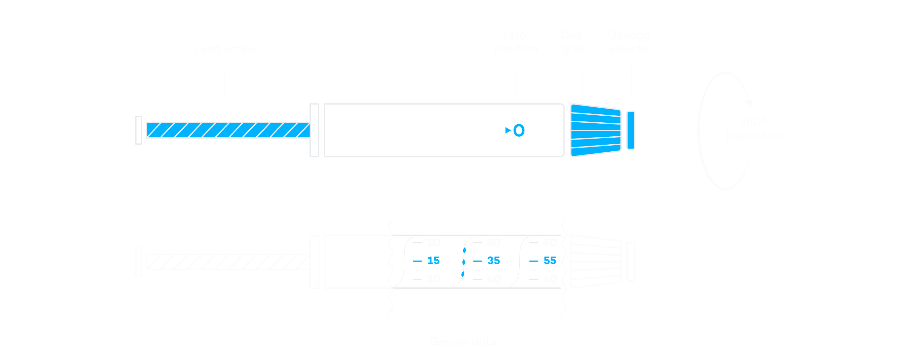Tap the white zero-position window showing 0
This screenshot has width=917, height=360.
click(x=516, y=130)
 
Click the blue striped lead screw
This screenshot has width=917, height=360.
click(x=228, y=130)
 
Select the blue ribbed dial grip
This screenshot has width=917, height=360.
click(x=595, y=130)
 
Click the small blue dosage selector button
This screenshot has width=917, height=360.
click(x=631, y=130)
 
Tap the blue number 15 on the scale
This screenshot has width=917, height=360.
click(x=433, y=261)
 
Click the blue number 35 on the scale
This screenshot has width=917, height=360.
click(x=494, y=261)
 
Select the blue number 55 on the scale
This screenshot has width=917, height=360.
click(x=550, y=261)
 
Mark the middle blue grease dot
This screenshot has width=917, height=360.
click(x=464, y=262)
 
